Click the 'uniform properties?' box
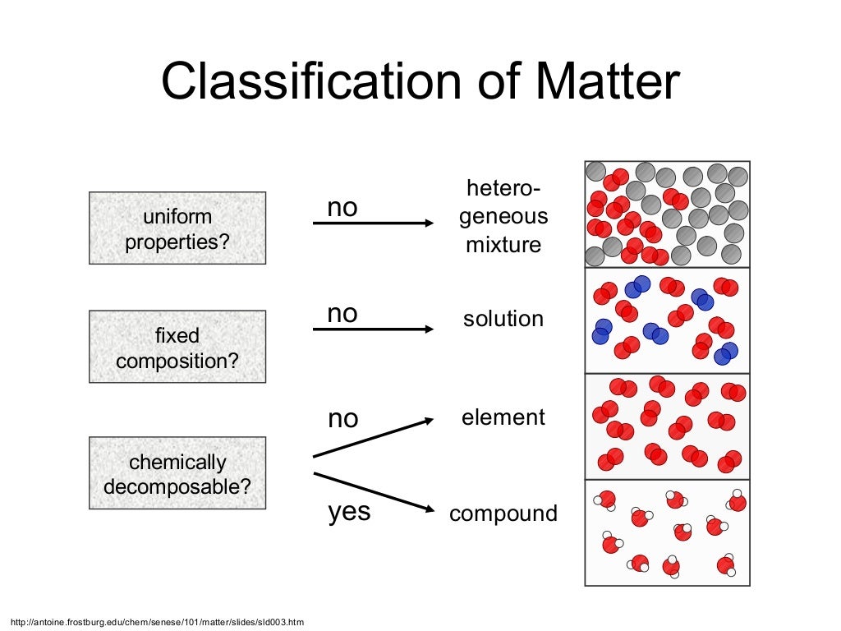click(177, 228)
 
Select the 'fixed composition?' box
click(177, 347)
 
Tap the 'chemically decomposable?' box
click(177, 473)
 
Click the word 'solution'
click(503, 319)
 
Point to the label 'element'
click(503, 417)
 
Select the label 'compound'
click(503, 514)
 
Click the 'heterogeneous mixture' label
click(503, 217)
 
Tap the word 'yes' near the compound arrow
click(349, 512)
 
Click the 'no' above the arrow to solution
click(342, 313)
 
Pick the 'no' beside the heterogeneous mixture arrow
click(342, 208)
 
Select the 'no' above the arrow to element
click(342, 419)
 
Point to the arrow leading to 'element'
click(374, 437)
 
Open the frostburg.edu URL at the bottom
click(156, 622)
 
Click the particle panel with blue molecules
click(667, 320)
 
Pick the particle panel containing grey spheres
click(667, 214)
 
